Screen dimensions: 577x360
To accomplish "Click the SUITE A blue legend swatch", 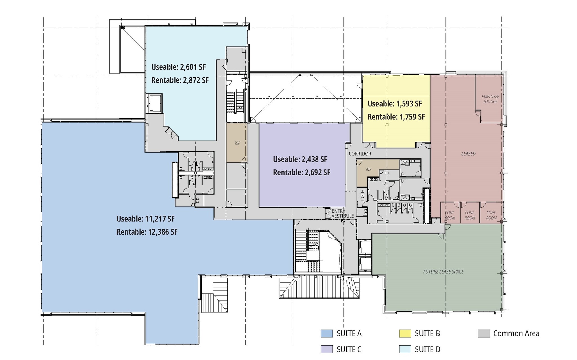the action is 327,334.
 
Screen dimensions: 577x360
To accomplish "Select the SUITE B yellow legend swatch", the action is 405,334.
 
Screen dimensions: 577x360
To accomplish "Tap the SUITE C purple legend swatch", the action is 327,349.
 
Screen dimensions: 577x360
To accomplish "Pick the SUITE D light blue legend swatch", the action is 405,349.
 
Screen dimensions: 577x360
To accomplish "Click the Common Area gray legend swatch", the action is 484,334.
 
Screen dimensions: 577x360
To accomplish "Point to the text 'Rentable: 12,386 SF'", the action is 147,232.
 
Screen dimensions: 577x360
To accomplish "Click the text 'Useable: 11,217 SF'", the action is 145,219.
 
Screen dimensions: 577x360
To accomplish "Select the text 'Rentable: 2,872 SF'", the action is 180,80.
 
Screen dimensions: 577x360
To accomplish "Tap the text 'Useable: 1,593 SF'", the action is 395,104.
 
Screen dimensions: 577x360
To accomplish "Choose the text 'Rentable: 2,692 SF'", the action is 301,172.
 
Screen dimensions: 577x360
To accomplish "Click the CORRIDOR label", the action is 360,154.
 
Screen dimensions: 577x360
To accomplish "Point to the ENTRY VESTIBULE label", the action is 342,213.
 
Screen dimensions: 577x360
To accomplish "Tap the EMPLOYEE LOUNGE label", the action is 491,99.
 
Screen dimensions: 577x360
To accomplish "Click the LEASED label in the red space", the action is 468,154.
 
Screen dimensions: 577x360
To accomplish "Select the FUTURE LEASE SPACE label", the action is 443,272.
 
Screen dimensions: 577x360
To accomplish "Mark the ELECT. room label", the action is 362,195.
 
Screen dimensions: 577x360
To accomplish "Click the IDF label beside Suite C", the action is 237,143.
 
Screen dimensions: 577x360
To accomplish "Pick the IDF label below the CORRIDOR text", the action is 368,170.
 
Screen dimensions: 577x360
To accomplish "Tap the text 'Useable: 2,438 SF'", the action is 300,159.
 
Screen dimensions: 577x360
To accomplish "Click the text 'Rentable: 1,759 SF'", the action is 396,117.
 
